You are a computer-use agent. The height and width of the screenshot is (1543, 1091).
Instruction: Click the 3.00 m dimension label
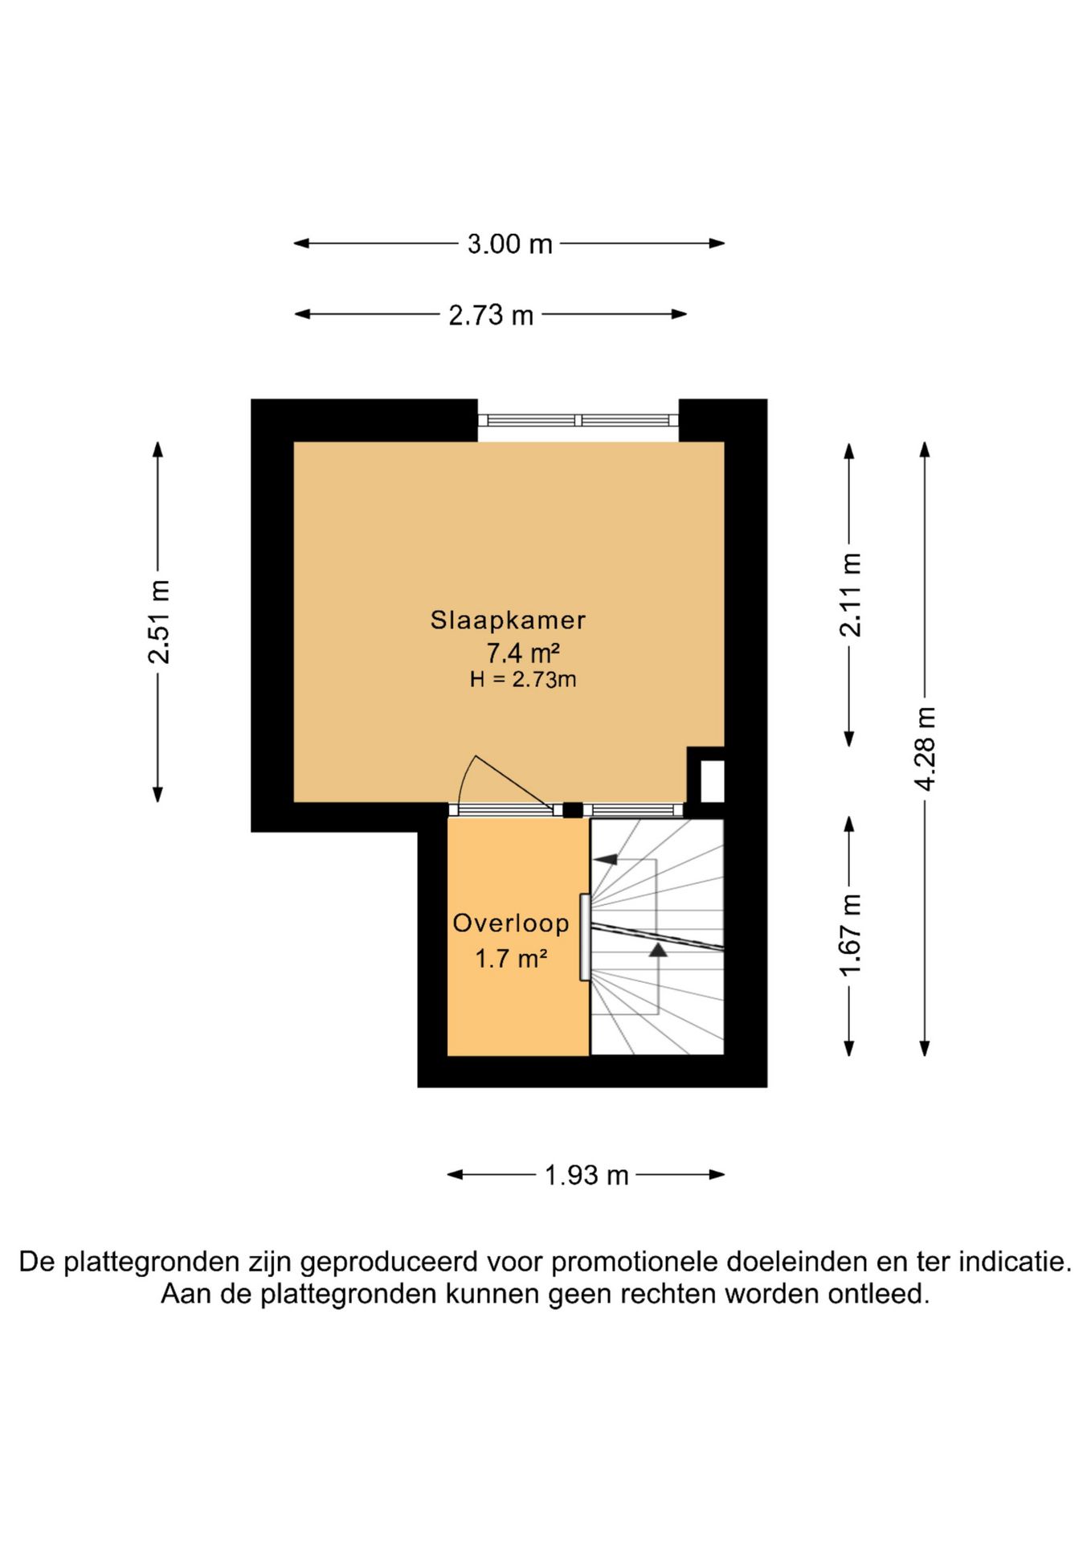point(510,244)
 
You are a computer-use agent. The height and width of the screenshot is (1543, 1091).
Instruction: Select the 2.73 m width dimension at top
point(491,315)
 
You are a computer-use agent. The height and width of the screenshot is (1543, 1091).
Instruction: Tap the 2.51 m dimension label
point(158,621)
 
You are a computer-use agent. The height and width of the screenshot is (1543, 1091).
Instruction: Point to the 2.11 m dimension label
point(850,595)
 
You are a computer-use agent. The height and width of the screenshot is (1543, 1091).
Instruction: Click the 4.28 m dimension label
point(926,748)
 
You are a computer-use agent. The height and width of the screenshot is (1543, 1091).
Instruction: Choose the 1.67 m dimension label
point(850,935)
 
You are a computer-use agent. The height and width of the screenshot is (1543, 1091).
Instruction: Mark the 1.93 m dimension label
point(586,1176)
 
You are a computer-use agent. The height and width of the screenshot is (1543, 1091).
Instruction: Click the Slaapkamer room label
point(508,620)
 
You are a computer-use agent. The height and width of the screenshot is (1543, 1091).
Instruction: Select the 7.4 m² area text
point(522,652)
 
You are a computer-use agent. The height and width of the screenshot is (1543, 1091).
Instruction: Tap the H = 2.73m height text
point(523,680)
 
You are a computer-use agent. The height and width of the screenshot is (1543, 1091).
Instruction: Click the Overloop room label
point(511,923)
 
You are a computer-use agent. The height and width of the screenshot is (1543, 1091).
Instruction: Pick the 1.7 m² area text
point(511,959)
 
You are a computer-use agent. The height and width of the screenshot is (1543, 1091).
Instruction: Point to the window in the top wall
point(578,420)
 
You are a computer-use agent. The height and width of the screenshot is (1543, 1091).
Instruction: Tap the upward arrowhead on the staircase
point(659,950)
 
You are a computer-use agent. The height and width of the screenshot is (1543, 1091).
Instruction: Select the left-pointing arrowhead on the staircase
point(605,859)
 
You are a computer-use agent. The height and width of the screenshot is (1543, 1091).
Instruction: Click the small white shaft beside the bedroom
point(713,780)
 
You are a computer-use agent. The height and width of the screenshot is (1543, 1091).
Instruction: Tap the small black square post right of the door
point(572,810)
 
